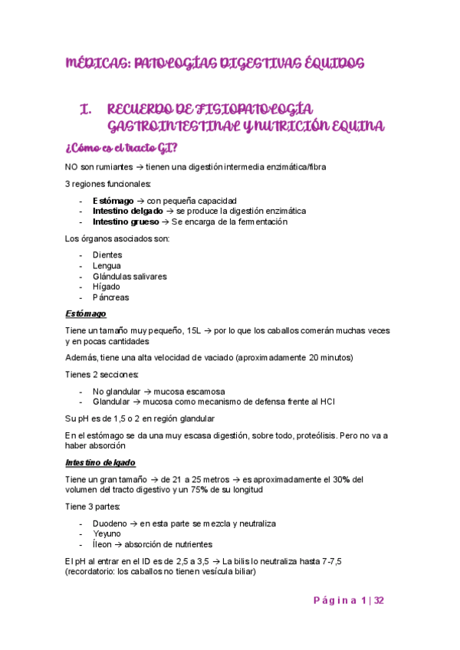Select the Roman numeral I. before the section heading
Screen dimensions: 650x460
(x=87, y=109)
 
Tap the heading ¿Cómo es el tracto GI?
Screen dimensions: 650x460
(x=125, y=146)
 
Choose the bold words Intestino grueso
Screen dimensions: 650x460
(x=126, y=222)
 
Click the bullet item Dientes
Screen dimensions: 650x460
(x=107, y=254)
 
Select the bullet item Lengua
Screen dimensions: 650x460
(x=107, y=265)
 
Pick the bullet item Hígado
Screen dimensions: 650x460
(x=106, y=287)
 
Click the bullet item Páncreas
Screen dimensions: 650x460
(x=110, y=297)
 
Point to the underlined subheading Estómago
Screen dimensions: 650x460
(x=85, y=314)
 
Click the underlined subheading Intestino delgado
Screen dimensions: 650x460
(x=100, y=463)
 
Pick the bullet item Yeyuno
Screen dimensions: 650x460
(x=107, y=534)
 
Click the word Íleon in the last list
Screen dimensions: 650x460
(x=103, y=545)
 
